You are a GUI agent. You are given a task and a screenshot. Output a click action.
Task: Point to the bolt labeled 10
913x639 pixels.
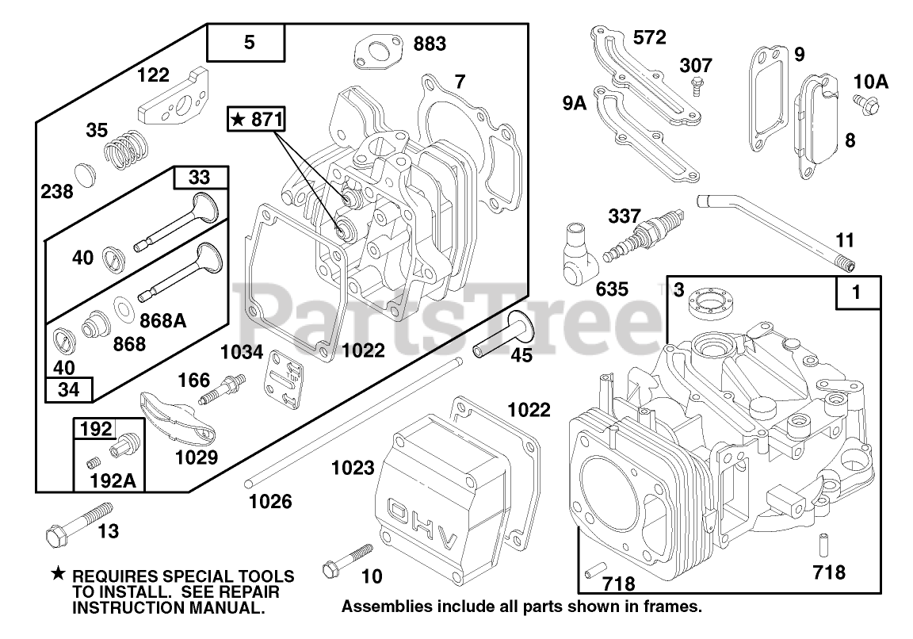(346, 561)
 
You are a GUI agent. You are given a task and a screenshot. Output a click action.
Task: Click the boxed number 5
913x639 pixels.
(250, 43)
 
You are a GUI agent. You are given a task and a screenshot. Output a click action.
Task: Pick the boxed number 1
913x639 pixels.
(855, 293)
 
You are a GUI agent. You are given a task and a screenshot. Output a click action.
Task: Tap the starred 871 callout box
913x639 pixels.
(255, 119)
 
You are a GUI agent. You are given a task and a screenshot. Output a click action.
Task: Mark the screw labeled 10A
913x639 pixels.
(863, 102)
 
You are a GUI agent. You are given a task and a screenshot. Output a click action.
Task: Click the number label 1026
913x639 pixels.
(270, 501)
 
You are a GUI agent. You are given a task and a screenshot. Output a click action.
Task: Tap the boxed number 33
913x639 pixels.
(201, 178)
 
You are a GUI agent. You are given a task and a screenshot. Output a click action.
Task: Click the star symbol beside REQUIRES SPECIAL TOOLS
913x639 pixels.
(58, 574)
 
